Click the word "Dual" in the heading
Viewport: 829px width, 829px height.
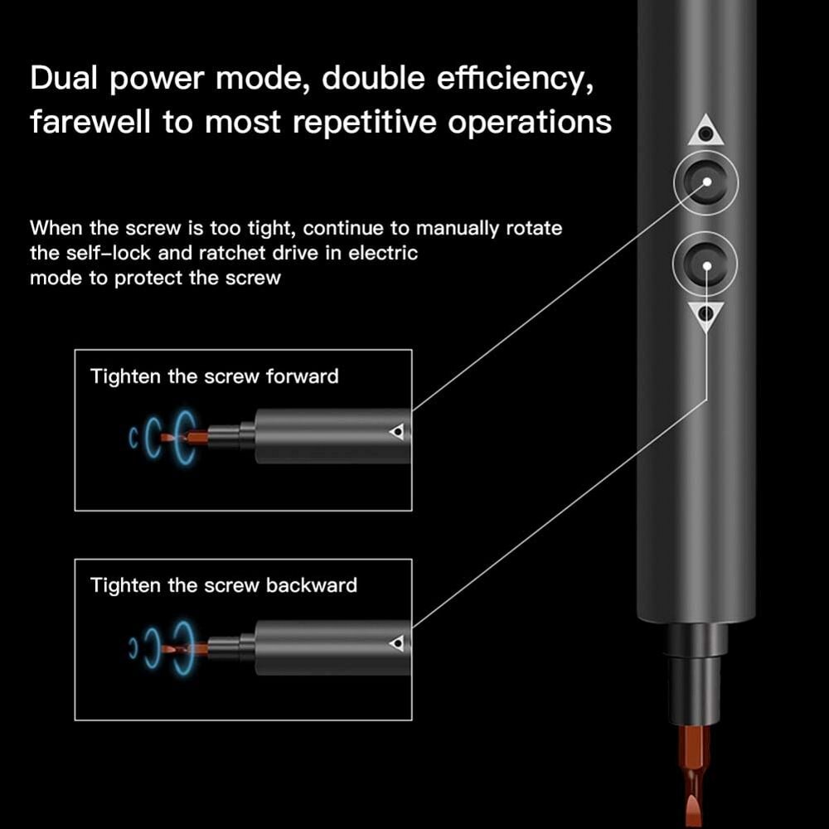(66, 79)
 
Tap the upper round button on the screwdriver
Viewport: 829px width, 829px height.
(705, 181)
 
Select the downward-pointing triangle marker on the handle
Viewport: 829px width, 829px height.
(705, 314)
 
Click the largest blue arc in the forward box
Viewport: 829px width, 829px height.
(177, 436)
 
